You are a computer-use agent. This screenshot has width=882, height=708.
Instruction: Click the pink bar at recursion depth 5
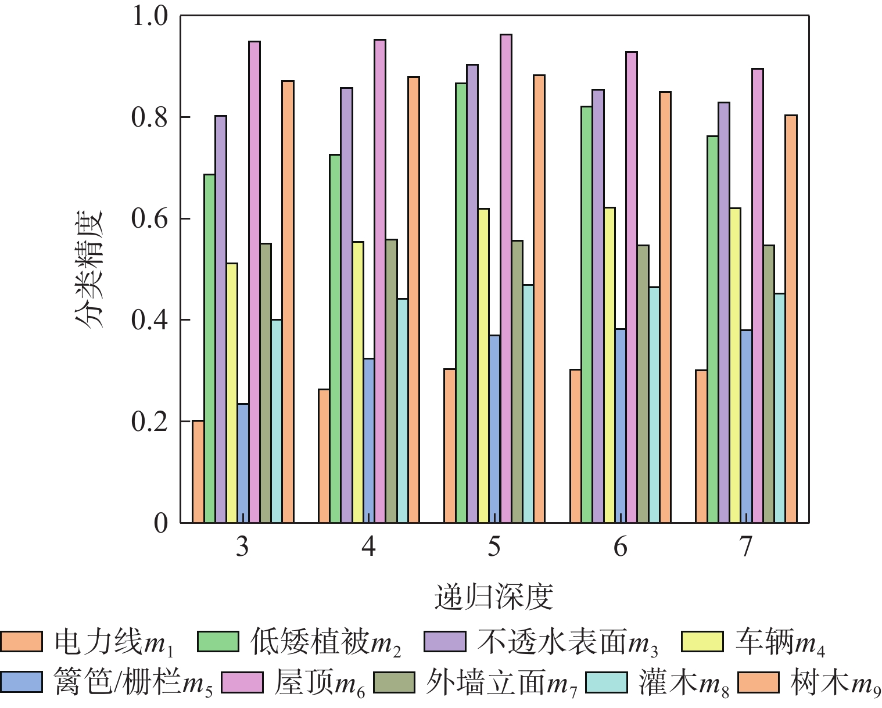(x=506, y=279)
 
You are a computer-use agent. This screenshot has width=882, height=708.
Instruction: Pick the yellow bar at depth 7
(x=735, y=365)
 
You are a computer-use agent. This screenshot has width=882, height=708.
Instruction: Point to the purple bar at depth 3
(x=221, y=319)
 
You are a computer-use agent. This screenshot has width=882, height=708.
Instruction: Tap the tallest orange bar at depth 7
(x=791, y=319)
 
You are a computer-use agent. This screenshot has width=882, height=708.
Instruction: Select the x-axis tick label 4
(x=368, y=547)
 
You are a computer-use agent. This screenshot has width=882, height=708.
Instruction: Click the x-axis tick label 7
(x=746, y=547)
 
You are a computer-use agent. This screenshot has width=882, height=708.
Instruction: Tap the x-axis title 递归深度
(x=494, y=596)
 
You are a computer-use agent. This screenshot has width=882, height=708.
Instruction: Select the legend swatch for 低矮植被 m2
(x=218, y=642)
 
